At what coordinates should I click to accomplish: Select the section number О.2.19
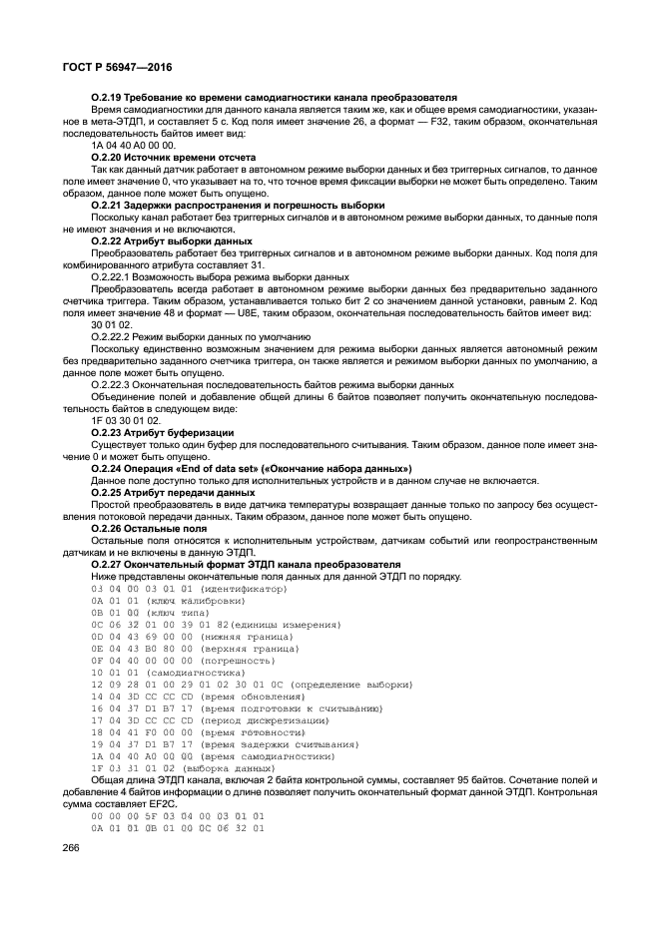(x=108, y=97)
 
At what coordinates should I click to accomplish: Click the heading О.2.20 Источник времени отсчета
(x=173, y=157)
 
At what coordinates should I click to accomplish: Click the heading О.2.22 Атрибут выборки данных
(x=171, y=240)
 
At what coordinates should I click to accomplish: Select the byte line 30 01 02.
(x=111, y=324)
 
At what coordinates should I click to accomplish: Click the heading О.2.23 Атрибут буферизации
(x=162, y=432)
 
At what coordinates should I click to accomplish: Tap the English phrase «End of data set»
(x=240, y=468)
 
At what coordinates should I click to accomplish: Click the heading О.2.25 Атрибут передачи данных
(x=172, y=492)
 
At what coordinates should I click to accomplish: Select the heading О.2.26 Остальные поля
(x=149, y=528)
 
